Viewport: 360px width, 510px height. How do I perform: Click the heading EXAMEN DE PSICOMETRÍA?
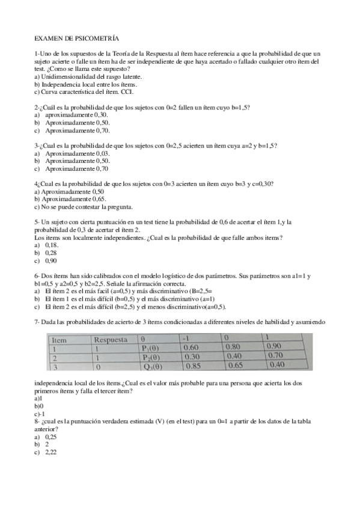(x=77, y=37)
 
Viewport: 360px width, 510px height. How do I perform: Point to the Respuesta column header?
(x=112, y=339)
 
